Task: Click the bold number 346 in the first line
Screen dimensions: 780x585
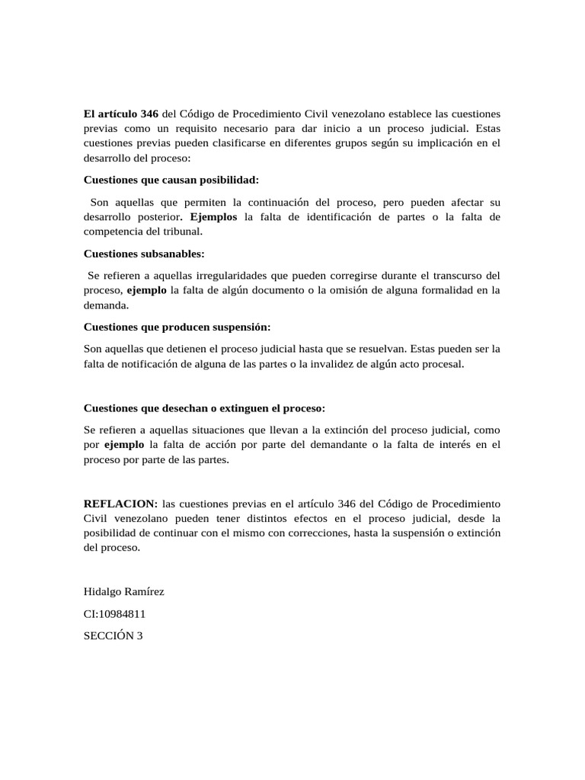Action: [145, 113]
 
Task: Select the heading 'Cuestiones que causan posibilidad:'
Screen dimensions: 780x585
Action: [171, 181]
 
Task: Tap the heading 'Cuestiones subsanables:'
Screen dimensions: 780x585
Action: [144, 254]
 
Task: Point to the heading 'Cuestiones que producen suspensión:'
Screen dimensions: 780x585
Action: [177, 327]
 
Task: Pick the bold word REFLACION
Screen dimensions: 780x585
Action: [120, 503]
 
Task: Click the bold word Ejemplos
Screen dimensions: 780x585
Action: [214, 217]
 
